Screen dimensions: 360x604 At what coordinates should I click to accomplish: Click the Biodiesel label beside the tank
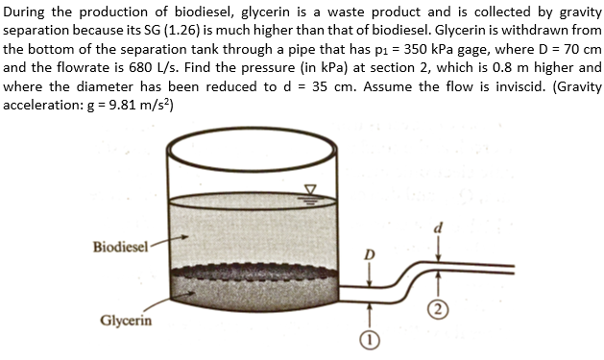120,247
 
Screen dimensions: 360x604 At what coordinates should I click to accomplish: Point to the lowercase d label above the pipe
439,227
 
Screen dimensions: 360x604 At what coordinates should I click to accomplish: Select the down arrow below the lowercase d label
440,246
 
